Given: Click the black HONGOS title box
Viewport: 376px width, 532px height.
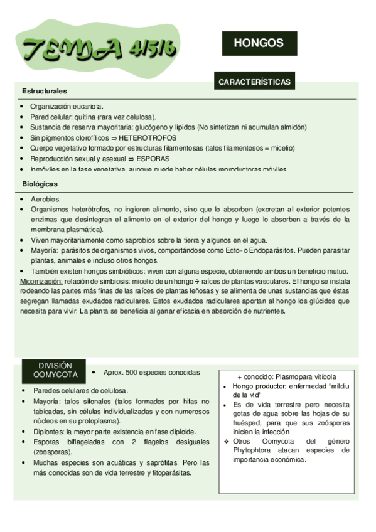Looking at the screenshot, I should (x=259, y=43).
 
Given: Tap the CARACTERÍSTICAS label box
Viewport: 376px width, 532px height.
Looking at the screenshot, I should (x=254, y=82).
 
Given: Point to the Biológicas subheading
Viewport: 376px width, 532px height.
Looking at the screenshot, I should (x=40, y=184).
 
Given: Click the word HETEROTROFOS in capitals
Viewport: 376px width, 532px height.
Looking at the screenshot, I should (x=148, y=137).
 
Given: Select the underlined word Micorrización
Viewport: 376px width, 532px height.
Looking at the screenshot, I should (x=41, y=282).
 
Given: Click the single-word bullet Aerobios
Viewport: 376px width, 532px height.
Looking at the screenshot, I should (x=46, y=198).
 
